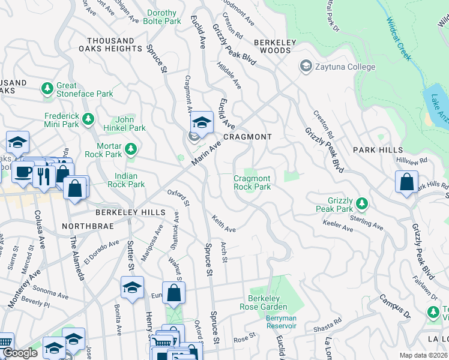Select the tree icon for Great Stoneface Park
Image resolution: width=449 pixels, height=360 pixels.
click(x=47, y=89)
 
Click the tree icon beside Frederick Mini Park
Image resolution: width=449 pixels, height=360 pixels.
click(x=89, y=119)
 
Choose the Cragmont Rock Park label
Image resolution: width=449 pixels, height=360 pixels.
click(x=252, y=182)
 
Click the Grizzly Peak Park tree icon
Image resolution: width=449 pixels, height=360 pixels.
click(x=361, y=203)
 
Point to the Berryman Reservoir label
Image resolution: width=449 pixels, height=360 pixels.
click(x=282, y=321)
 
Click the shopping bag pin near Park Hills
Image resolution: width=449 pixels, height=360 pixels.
click(x=406, y=182)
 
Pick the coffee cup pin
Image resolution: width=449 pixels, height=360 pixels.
click(x=23, y=172)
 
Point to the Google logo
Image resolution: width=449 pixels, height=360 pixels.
click(x=20, y=353)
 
